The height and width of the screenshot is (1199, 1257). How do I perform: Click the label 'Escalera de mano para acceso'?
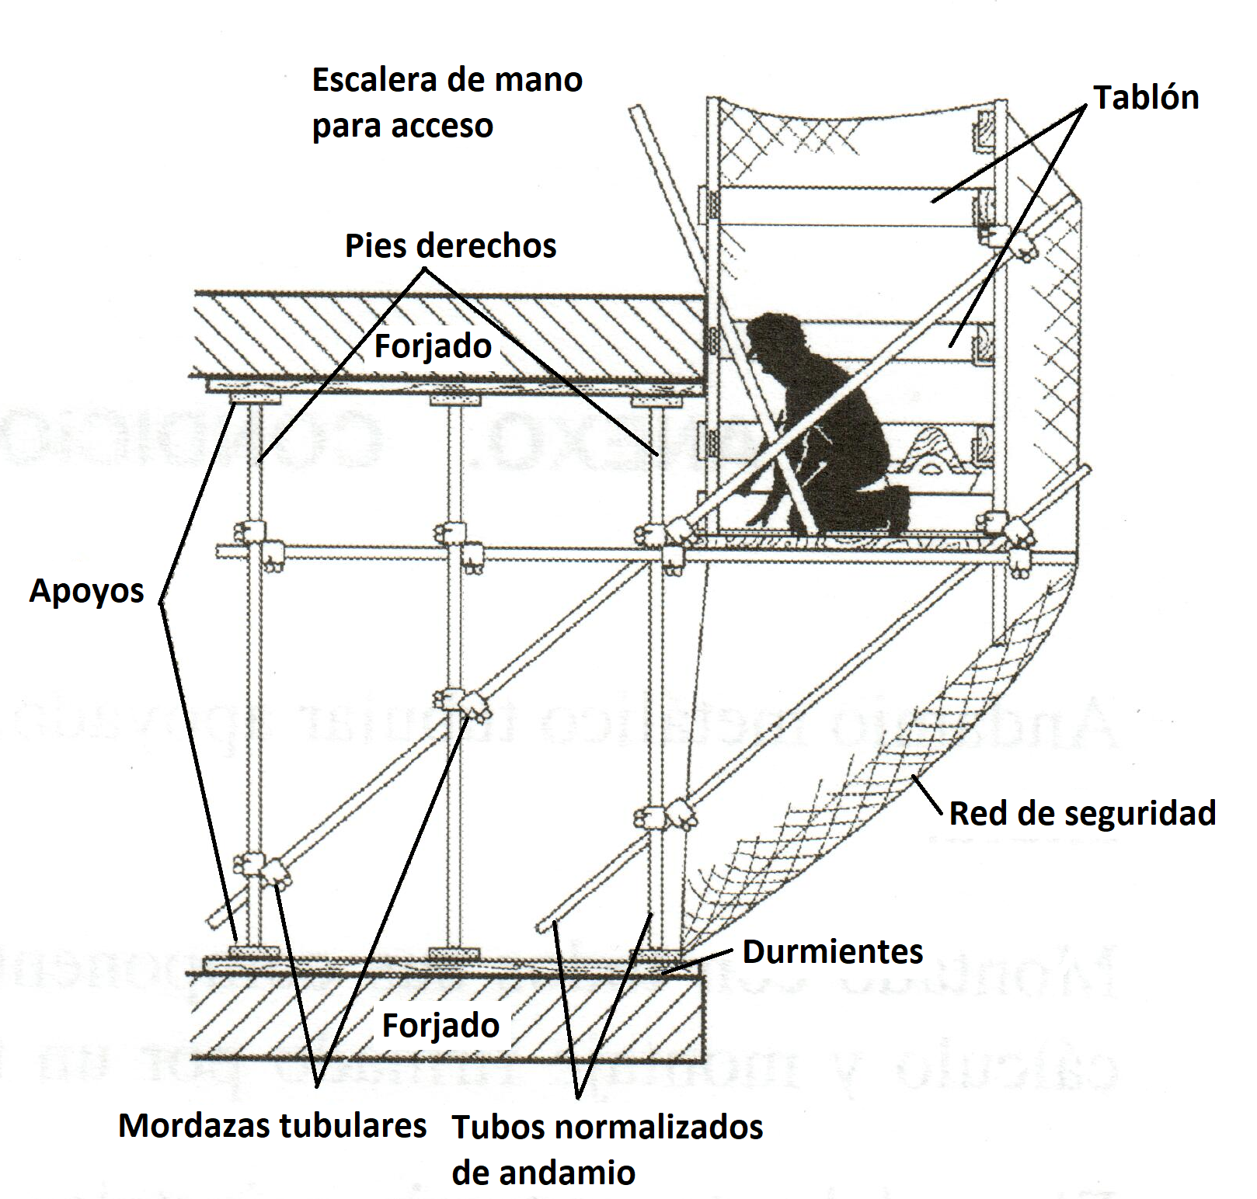point(447,103)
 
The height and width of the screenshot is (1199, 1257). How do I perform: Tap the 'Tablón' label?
point(1146,98)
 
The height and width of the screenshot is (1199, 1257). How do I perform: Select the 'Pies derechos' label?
point(451,246)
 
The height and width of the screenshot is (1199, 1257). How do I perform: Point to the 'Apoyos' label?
point(86,591)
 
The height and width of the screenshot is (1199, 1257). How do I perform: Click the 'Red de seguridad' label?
point(1082,814)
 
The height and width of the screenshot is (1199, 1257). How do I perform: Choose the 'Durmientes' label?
point(833,952)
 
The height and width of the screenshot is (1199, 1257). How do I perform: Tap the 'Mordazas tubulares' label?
point(272,1125)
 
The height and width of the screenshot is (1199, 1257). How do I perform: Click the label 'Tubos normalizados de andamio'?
point(607,1149)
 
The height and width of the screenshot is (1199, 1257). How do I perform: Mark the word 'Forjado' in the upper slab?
point(433,346)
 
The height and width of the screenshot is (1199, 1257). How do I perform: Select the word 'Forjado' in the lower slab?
point(440,1026)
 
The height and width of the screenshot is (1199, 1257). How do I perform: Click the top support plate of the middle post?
point(456,401)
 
